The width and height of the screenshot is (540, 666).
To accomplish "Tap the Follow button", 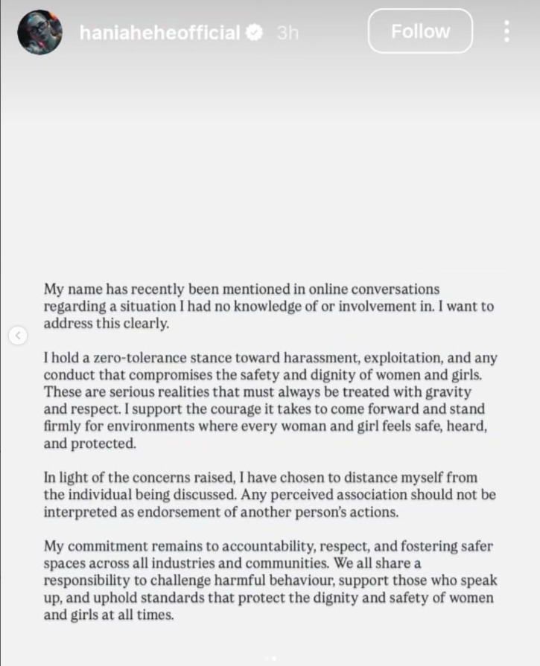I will tap(420, 31).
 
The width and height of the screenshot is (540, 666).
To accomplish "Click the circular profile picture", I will tap(39, 32).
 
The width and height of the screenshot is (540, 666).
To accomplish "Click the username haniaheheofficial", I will tap(159, 33).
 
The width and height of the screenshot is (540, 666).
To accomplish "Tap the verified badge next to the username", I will tap(255, 33).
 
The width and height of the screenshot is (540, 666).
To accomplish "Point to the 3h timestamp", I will tap(288, 33).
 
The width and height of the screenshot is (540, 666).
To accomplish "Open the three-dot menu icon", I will tap(506, 31).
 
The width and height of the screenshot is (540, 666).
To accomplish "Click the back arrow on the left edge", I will tap(18, 336).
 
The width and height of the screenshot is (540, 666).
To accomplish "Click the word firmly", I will tap(61, 426).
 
